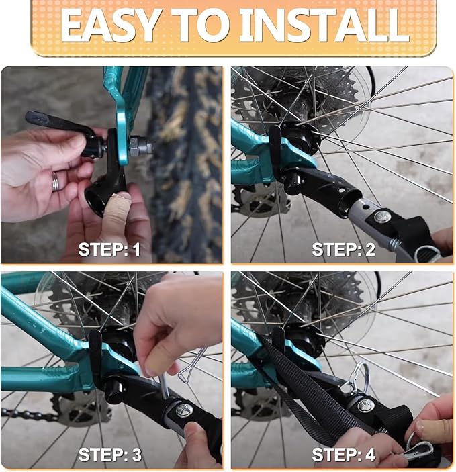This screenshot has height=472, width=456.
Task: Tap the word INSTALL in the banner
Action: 324,26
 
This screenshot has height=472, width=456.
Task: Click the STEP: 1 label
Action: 109,250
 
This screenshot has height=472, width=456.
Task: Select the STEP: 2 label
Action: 343,250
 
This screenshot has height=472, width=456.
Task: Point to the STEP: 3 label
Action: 109,455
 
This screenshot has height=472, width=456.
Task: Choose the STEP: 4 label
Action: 343,455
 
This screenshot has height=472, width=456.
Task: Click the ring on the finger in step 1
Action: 56,181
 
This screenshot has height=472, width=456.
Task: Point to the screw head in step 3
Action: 184,410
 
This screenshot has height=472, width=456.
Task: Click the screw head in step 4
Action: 366,406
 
